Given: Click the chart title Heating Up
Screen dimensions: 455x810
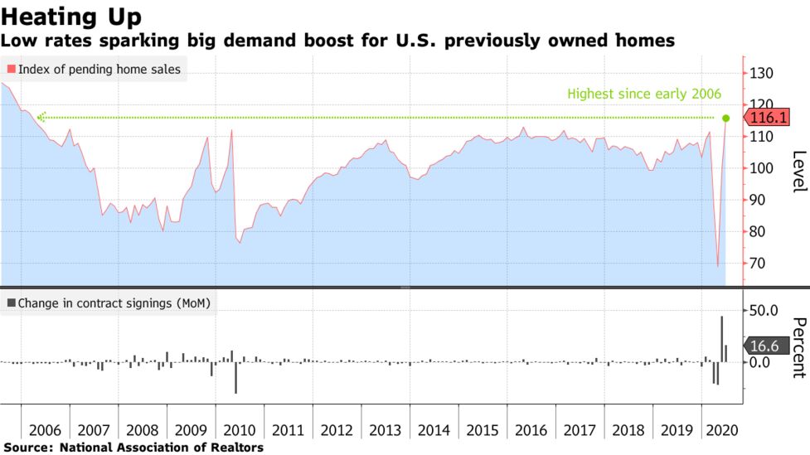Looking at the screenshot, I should pos(71,17).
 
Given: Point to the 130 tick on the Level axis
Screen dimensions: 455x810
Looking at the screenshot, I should pos(760,74).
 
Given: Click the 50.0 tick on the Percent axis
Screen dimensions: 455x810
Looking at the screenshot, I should pos(764,310).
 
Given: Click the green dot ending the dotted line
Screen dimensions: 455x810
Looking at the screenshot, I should pos(726,118).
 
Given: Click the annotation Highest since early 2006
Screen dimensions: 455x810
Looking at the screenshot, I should pos(644,94).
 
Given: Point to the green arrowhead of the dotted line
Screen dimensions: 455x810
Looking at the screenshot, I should pos(40,118).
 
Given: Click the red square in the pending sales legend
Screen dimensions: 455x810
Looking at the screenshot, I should pos(11,70).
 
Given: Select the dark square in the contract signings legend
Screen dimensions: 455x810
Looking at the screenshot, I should pos(11,303).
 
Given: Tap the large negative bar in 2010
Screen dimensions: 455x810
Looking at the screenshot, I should pos(235,377).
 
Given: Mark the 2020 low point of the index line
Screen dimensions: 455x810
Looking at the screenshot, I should pos(718,266).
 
